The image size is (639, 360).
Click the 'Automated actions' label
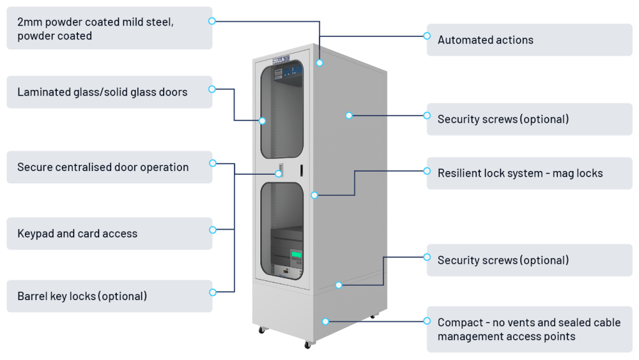pyautogui.click(x=485, y=40)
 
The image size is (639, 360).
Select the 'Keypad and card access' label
pyautogui.click(x=77, y=234)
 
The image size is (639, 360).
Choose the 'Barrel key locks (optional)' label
pyautogui.click(x=82, y=296)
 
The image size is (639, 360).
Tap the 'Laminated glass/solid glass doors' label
pyautogui.click(x=102, y=92)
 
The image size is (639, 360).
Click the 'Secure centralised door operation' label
pyautogui.click(x=103, y=167)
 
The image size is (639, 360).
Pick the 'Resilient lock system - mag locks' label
pyautogui.click(x=520, y=173)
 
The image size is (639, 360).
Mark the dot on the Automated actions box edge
pyautogui.click(x=427, y=36)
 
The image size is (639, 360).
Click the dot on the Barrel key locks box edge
pyautogui.click(x=213, y=292)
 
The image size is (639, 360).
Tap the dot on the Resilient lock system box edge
pyautogui.click(x=427, y=169)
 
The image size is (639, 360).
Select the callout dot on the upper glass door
pyautogui.click(x=263, y=120)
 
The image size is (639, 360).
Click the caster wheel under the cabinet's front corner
pyautogui.click(x=308, y=344)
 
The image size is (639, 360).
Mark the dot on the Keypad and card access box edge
pyautogui.click(x=213, y=230)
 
